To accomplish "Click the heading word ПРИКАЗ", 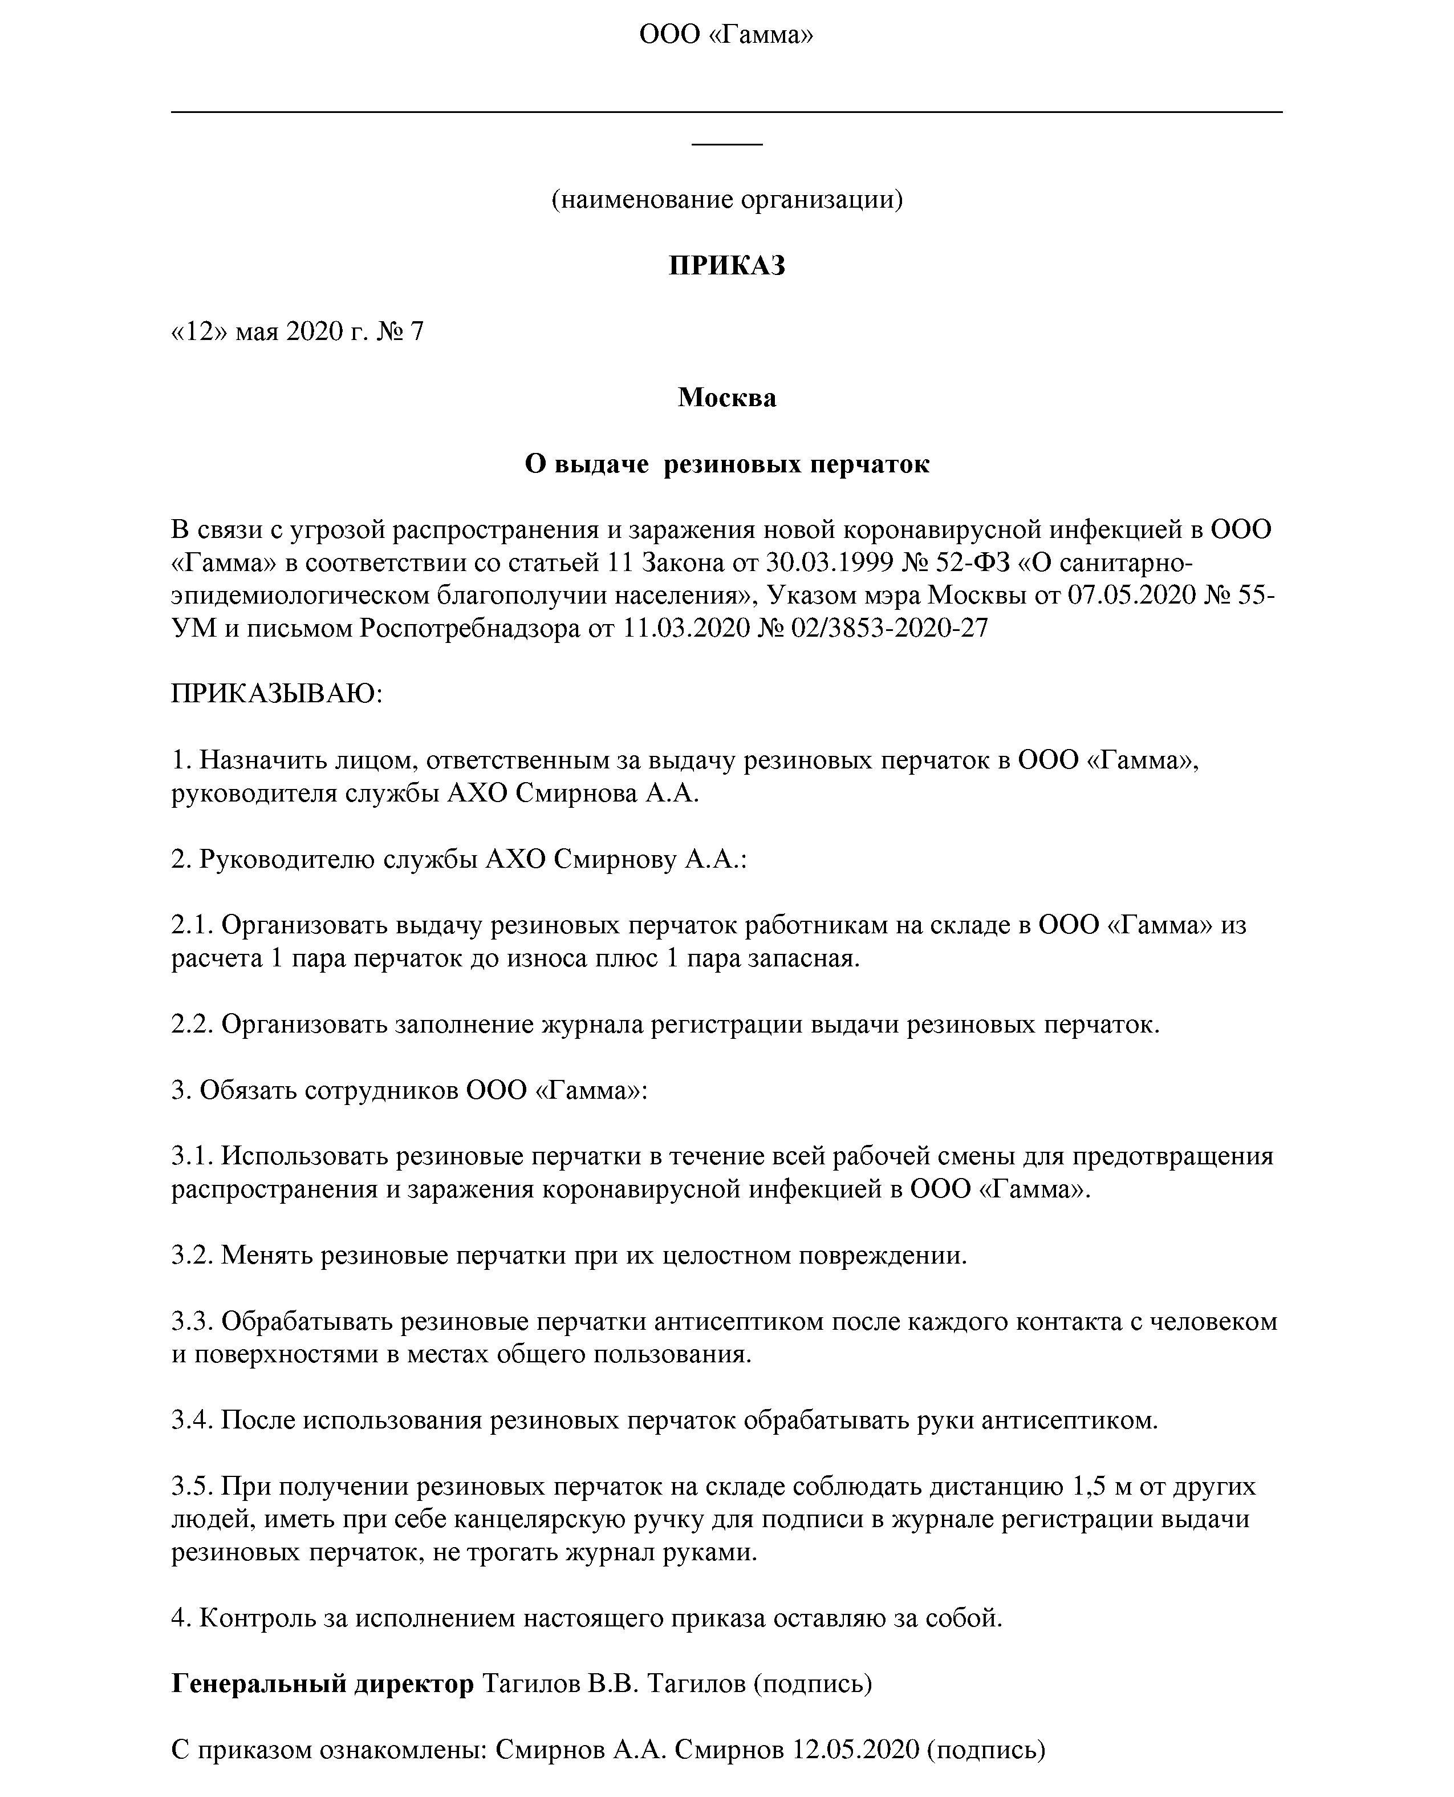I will point(726,266).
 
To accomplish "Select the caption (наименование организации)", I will point(726,200).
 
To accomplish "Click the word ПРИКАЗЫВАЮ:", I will point(277,694).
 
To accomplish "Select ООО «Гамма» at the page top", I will point(726,34).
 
